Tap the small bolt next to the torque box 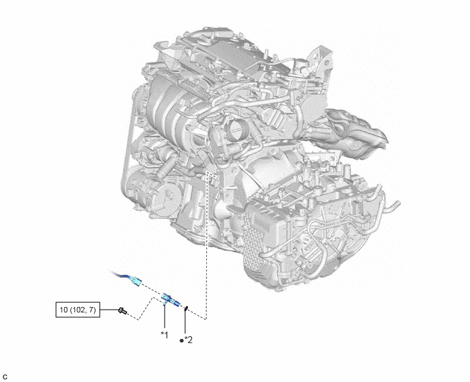pos(122,311)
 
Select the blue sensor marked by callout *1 pos(171,300)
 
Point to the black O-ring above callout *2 pos(186,308)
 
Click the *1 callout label pos(165,334)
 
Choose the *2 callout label pos(189,340)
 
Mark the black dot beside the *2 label pos(181,340)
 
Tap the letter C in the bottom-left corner pos(5,377)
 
